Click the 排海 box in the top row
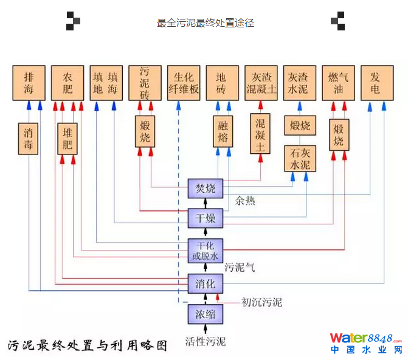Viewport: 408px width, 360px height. (x=29, y=83)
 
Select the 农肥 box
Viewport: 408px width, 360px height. (x=67, y=83)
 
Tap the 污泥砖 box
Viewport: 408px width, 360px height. (x=145, y=83)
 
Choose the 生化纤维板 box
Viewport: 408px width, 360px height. (x=183, y=83)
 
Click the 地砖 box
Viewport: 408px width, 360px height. (x=222, y=83)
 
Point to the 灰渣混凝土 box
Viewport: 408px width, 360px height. (x=261, y=83)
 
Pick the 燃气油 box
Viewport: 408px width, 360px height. (x=339, y=83)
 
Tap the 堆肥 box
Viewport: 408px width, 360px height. (x=67, y=138)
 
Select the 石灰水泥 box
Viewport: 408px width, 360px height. (x=300, y=159)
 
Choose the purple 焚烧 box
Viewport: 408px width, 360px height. (x=206, y=189)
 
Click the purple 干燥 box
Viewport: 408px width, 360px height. (x=206, y=218)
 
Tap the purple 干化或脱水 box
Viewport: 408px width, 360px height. (x=206, y=250)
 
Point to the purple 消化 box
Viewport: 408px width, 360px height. (x=206, y=283)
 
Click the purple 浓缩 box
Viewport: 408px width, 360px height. (x=206, y=314)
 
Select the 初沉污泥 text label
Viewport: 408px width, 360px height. (x=261, y=302)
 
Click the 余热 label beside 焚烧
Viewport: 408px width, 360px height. (x=246, y=201)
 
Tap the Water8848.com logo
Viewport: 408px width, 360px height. (x=365, y=343)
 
